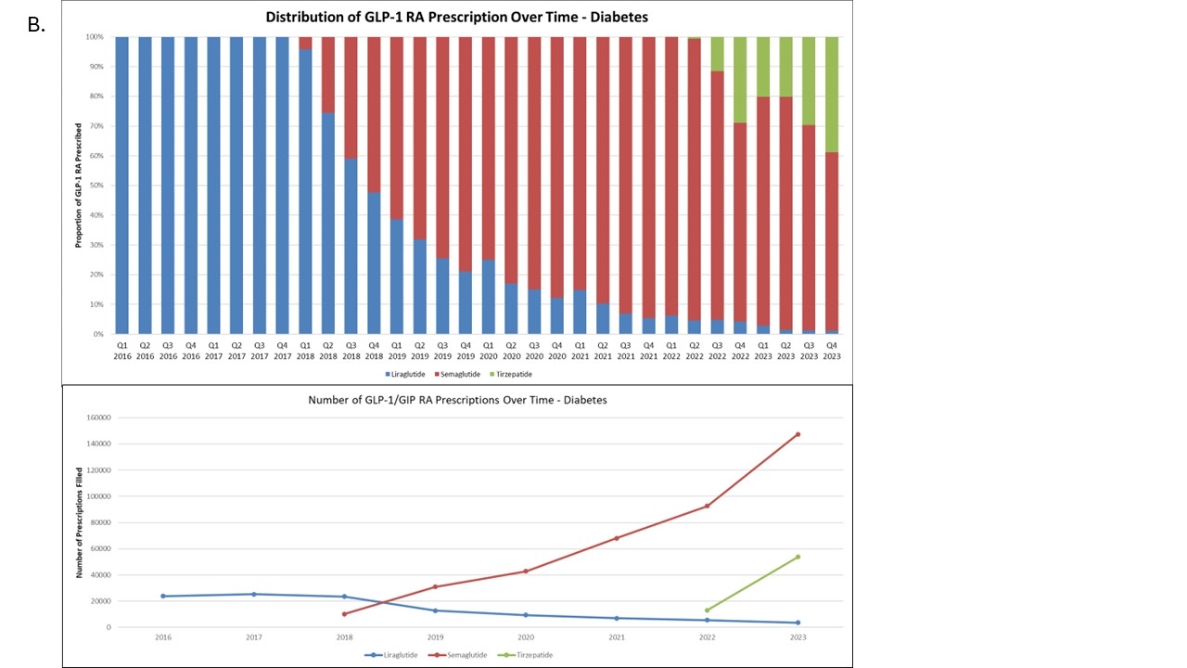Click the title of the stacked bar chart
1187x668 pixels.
pyautogui.click(x=457, y=17)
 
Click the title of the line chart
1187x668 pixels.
pyautogui.click(x=457, y=400)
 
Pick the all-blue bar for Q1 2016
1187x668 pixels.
pyautogui.click(x=122, y=186)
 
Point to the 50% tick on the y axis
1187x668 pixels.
pyautogui.click(x=95, y=186)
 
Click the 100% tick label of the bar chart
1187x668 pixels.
pyautogui.click(x=94, y=37)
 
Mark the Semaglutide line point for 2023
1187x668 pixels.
pyautogui.click(x=798, y=434)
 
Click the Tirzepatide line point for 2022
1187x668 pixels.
pyautogui.click(x=707, y=610)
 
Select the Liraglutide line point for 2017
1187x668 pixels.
pyautogui.click(x=254, y=594)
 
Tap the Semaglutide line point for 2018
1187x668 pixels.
pyautogui.click(x=344, y=614)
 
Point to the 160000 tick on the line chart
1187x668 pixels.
pyautogui.click(x=96, y=417)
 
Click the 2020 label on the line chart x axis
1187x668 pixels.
pyautogui.click(x=526, y=638)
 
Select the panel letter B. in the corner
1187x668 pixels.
pyautogui.click(x=36, y=25)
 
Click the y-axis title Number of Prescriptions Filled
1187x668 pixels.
pyautogui.click(x=80, y=522)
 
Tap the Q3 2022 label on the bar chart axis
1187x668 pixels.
pyautogui.click(x=716, y=349)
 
